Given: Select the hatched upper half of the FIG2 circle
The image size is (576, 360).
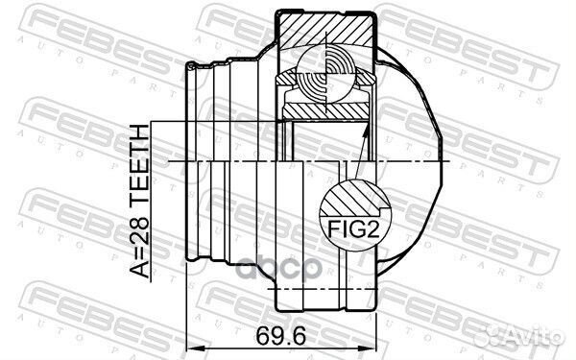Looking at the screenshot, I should click(x=351, y=197).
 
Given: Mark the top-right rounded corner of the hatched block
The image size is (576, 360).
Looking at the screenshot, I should click(x=369, y=13).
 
